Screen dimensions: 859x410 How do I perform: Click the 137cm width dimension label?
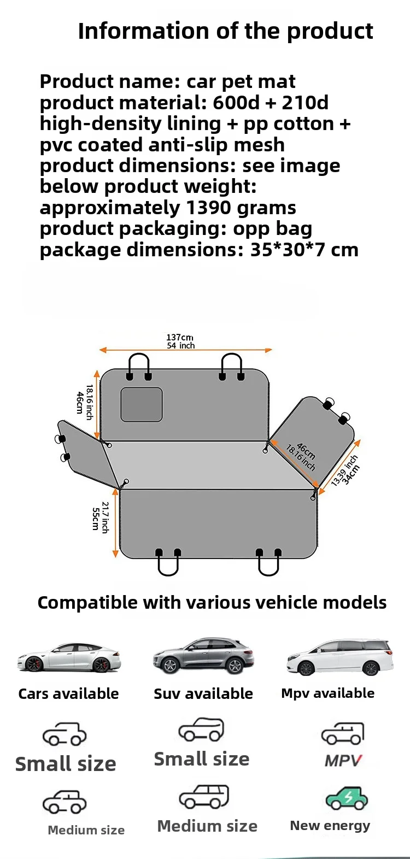click(x=180, y=338)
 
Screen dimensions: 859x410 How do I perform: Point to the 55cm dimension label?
click(x=96, y=519)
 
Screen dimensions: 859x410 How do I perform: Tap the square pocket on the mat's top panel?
click(x=142, y=404)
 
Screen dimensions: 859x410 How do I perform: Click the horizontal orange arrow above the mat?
click(x=185, y=350)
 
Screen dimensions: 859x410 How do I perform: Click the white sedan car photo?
click(x=68, y=657)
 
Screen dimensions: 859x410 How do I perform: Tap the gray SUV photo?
click(x=203, y=655)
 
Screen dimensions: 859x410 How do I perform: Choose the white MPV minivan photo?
click(x=339, y=657)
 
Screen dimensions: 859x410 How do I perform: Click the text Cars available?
click(x=68, y=693)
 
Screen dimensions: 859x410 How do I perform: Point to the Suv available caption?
click(x=203, y=693)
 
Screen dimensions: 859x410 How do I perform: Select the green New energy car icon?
click(x=347, y=799)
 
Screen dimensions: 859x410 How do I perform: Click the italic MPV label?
click(x=343, y=760)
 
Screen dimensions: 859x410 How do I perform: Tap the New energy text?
click(x=330, y=825)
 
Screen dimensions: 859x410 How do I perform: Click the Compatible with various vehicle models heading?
click(x=212, y=602)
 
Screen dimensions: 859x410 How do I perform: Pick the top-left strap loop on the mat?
click(x=139, y=365)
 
